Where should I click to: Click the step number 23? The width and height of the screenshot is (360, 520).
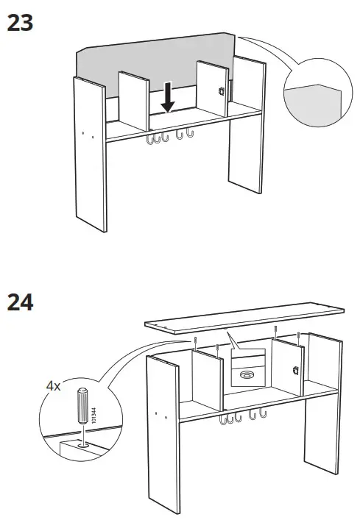click(21, 24)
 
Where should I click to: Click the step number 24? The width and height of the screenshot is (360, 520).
click(21, 302)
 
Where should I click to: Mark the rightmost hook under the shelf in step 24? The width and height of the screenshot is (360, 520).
click(261, 419)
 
